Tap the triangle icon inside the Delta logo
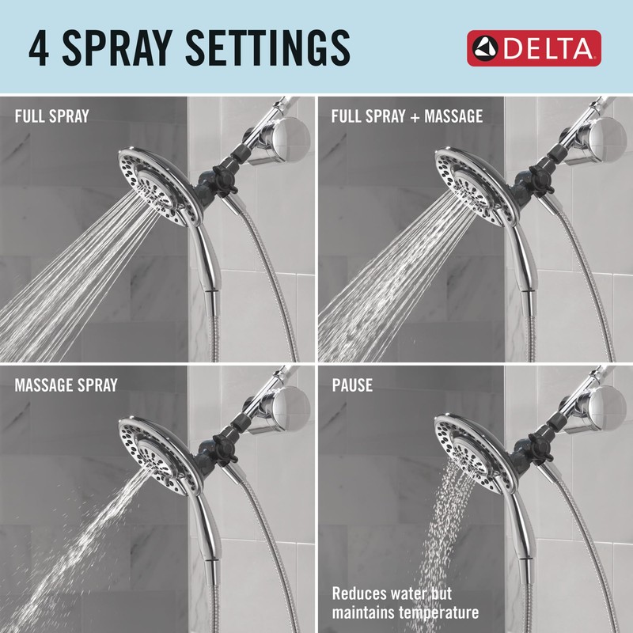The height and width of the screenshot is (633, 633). [484, 49]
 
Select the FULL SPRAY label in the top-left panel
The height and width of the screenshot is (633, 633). [52, 116]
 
